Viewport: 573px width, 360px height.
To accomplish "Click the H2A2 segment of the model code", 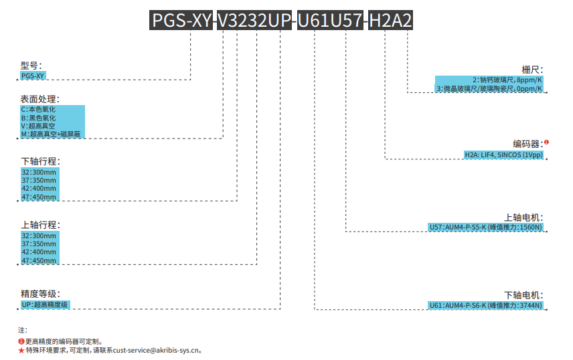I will point(390,21).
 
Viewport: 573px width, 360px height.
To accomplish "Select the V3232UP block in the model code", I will point(254,21).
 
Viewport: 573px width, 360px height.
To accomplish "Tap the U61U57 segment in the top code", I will point(330,21).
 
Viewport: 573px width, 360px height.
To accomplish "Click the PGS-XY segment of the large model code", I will point(181,21).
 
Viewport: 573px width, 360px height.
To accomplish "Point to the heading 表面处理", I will point(40,99).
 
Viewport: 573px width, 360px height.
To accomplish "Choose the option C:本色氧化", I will point(38,109).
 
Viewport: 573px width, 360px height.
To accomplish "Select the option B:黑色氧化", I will point(38,118).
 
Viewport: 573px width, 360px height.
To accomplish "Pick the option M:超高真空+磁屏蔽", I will point(51,134).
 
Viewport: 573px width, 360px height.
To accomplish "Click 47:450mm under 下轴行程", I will point(39,197).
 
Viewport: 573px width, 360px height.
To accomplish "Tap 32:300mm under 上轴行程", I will point(39,236).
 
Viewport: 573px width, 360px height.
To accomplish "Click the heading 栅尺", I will point(533,70).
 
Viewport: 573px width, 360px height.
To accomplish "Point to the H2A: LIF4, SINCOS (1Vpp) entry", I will point(503,155).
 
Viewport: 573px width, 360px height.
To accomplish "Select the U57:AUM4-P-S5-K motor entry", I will point(485,228).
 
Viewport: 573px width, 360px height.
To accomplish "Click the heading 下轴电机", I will point(523,295).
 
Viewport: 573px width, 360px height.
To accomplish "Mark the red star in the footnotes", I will point(21,350).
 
